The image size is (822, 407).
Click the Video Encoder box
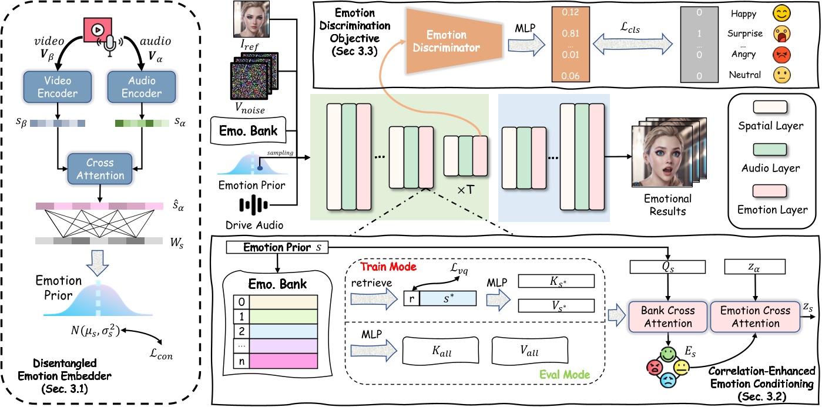coord(57,86)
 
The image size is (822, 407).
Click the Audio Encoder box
coord(141,86)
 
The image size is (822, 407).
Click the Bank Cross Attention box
coord(669,317)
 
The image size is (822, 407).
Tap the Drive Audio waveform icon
coord(254,206)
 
